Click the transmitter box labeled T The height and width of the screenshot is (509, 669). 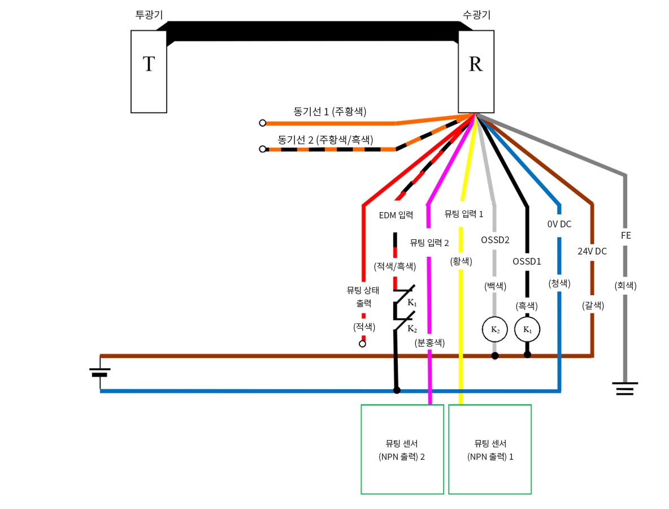pos(149,71)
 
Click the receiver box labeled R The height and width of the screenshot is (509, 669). pos(476,71)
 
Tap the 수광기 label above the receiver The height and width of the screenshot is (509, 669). pos(475,15)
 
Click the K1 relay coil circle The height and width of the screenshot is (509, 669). pos(527,330)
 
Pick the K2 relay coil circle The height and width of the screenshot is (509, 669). pos(494,330)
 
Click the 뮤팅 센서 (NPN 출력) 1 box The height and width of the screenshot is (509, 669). pos(490,449)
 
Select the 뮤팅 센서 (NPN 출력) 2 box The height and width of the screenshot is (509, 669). pos(402,449)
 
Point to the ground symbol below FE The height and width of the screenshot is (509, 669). pos(625,389)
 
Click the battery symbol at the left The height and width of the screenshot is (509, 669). pos(100,372)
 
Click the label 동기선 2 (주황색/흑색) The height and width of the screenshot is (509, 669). pos(325,139)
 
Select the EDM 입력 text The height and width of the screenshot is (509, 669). pos(396,215)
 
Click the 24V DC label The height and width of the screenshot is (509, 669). pos(592,251)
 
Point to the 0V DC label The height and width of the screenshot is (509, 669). pos(559,224)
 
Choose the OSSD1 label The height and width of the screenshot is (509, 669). pos(527,261)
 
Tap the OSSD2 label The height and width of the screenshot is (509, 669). pos(495,240)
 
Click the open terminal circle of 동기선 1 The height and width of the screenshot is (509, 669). pos(262,123)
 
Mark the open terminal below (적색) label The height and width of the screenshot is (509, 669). pos(362,344)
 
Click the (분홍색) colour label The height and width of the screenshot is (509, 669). pos(429,342)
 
